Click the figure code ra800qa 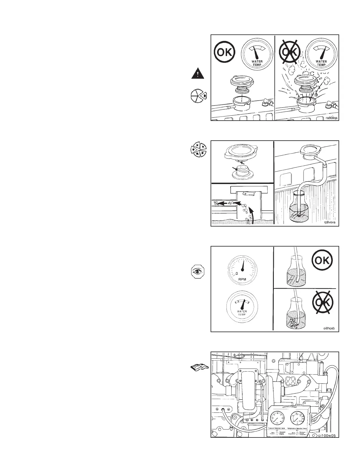click(331, 118)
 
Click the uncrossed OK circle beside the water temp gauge click(224, 53)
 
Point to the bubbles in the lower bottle click(293, 322)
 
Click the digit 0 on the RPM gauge click(236, 274)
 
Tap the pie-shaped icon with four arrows click(198, 149)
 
